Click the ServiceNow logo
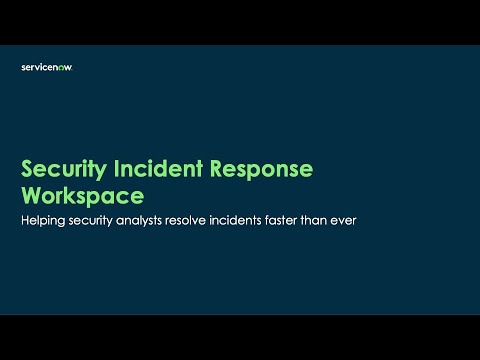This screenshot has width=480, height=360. coord(47,67)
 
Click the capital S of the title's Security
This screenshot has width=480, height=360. coord(27,169)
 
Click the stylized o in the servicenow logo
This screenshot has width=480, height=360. coord(62,67)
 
